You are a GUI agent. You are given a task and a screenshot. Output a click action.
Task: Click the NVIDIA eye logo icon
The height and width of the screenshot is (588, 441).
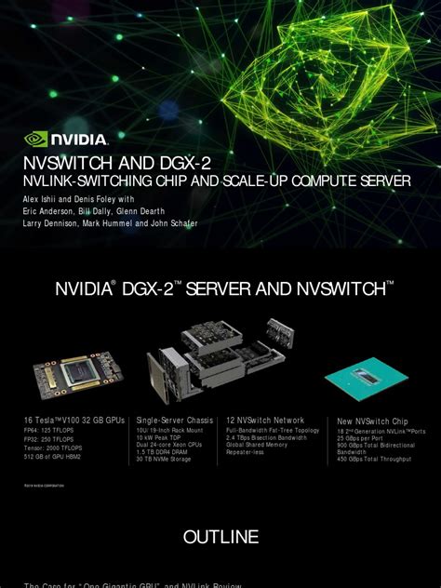35,140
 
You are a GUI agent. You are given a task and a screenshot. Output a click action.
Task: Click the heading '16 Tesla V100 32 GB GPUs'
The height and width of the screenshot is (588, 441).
73,421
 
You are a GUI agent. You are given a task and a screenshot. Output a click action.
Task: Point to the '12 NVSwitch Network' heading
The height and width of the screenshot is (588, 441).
264,421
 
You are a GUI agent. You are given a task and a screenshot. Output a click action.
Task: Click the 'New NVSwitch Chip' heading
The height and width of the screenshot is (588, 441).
372,421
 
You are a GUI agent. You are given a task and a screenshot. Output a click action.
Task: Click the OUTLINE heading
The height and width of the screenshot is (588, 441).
220,537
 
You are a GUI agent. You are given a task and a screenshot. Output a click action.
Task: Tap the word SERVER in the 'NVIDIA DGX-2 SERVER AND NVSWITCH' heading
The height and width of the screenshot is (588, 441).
220,290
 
